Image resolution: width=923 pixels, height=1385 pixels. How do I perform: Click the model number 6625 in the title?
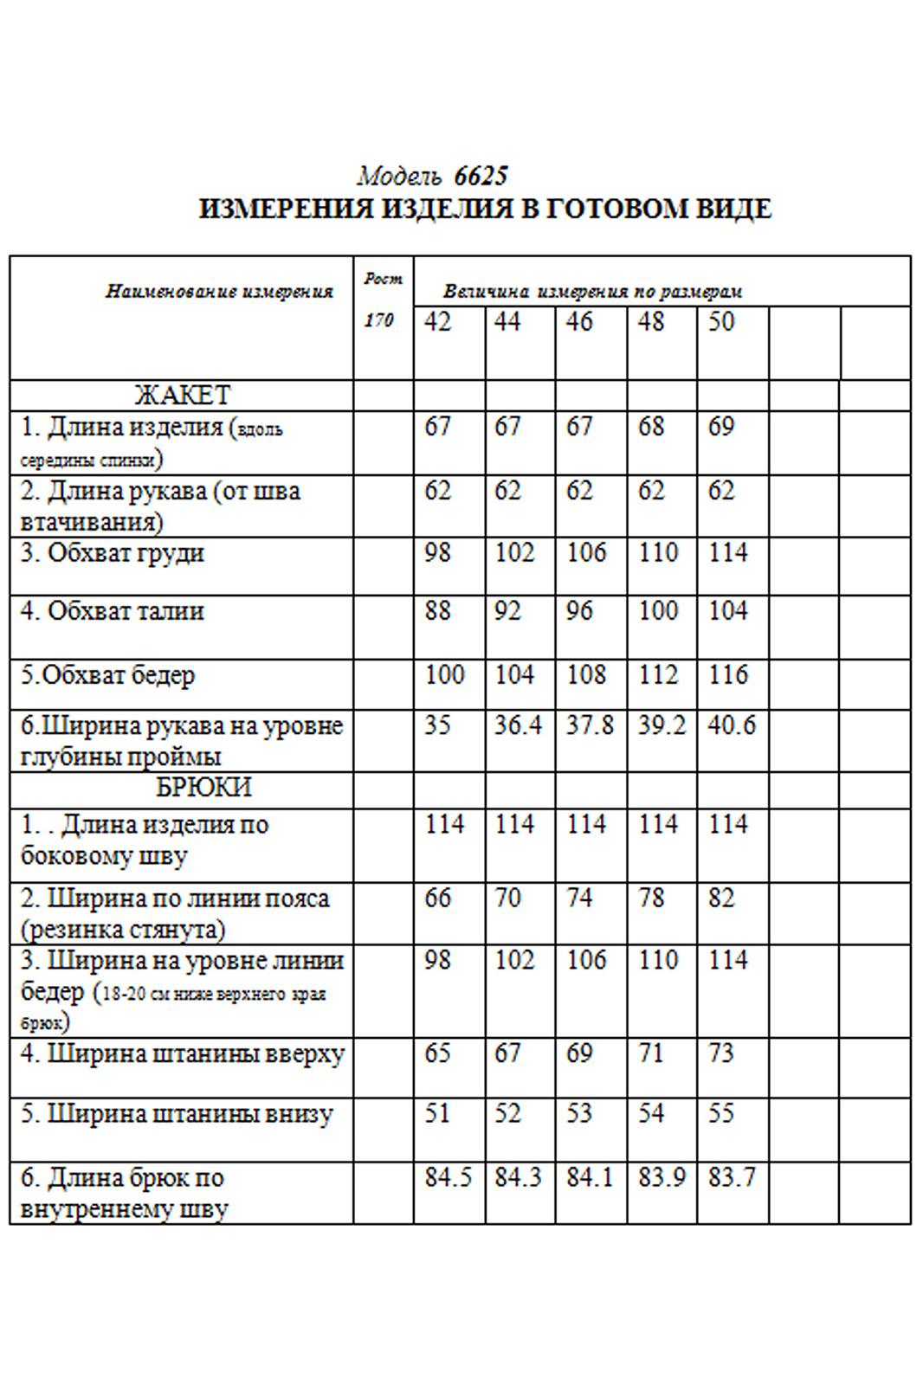click(x=481, y=177)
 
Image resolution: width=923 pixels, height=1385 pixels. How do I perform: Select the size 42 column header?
click(x=438, y=323)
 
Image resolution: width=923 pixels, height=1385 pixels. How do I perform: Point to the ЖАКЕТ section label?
click(x=182, y=396)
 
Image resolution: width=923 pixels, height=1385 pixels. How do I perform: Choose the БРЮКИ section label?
click(x=203, y=788)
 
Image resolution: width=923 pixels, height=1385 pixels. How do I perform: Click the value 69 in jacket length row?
click(x=720, y=427)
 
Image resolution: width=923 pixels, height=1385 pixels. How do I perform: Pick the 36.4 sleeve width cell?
click(x=518, y=725)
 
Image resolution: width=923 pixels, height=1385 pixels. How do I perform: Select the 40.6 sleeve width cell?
click(x=732, y=725)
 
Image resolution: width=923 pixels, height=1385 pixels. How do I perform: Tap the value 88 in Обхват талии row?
click(x=438, y=611)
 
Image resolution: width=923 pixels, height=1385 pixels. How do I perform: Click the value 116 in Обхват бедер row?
click(x=727, y=675)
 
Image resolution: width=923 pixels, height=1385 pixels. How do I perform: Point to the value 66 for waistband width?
click(x=438, y=899)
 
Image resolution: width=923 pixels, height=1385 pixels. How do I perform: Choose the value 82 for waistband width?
click(x=720, y=899)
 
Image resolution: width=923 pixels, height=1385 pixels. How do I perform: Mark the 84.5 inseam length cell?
click(x=448, y=1178)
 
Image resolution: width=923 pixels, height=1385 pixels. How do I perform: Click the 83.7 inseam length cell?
click(x=732, y=1178)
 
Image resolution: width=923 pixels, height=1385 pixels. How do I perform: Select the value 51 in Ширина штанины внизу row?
click(x=438, y=1113)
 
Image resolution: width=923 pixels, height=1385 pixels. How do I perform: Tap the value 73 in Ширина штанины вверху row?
click(x=720, y=1054)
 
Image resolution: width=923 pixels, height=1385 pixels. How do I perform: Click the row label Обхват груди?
click(x=113, y=553)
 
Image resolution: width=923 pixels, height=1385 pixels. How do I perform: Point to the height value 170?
click(x=378, y=320)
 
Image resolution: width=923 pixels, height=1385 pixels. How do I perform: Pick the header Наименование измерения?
click(x=219, y=292)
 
